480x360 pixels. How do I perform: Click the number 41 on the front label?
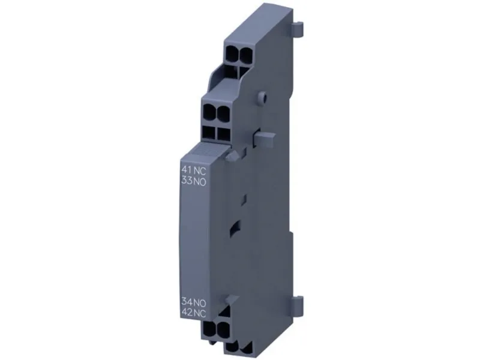point(186,170)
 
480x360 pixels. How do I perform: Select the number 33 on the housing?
point(186,181)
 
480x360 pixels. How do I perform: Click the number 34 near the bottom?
point(186,302)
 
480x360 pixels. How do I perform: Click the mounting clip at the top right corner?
point(298,28)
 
